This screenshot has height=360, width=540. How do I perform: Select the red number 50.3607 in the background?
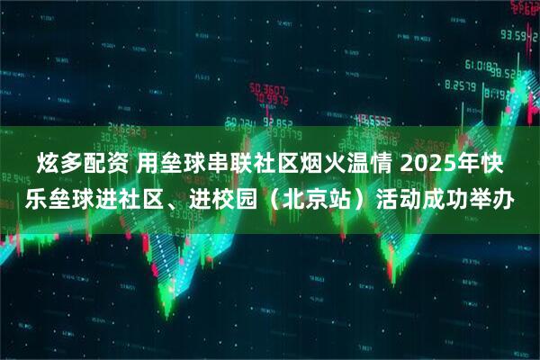(x=268, y=89)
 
